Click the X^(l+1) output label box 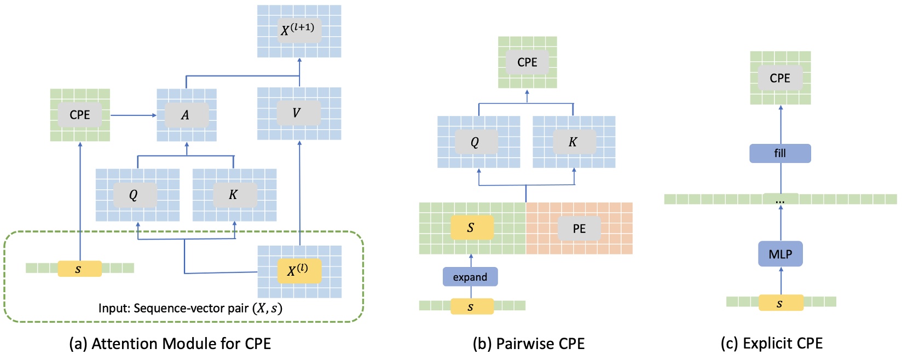(298, 30)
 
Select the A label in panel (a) (186, 115)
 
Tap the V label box (297, 113)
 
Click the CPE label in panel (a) (80, 115)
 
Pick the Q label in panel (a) (134, 195)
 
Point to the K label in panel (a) (234, 195)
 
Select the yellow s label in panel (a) (79, 269)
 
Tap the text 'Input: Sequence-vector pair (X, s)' (190, 308)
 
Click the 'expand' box (470, 277)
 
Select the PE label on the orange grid (579, 228)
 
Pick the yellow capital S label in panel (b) (472, 228)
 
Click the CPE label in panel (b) (527, 62)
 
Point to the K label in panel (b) (573, 142)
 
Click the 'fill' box (780, 153)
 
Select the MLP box (780, 254)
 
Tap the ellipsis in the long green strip (780, 200)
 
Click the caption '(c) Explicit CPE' (772, 343)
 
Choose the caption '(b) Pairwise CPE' (529, 344)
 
